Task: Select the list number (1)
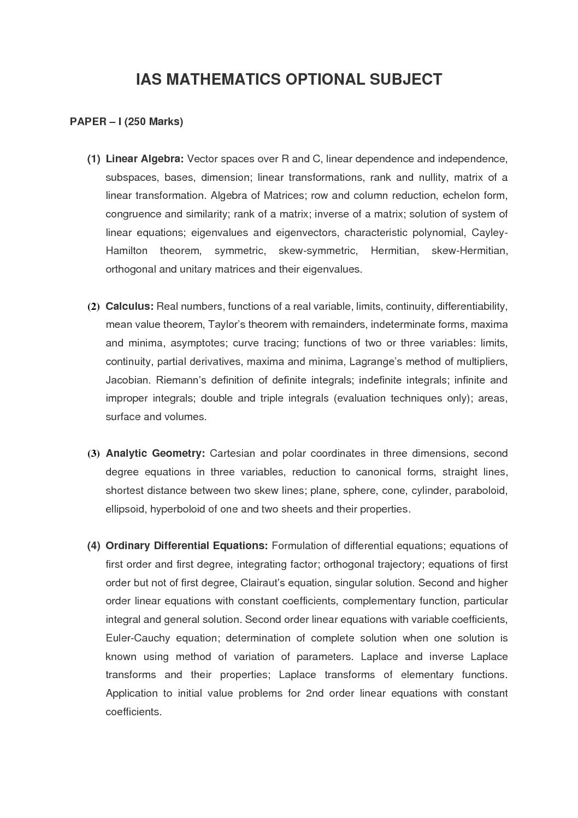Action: tap(93, 159)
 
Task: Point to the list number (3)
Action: tap(93, 454)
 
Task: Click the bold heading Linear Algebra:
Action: tap(144, 159)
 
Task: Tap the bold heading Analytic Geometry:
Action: tap(155, 454)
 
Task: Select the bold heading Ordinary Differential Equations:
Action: tap(186, 546)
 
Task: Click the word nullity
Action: tap(433, 178)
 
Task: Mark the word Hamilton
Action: tap(126, 251)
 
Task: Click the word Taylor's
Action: tap(227, 325)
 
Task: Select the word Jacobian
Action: tap(127, 380)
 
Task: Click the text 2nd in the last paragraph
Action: tap(315, 693)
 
